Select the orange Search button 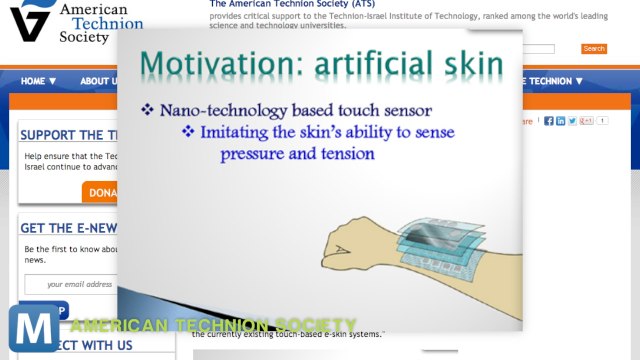pos(593,48)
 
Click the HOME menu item pos(38,81)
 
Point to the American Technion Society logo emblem pos(31,20)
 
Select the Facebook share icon pos(548,121)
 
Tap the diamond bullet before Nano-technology pos(147,109)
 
